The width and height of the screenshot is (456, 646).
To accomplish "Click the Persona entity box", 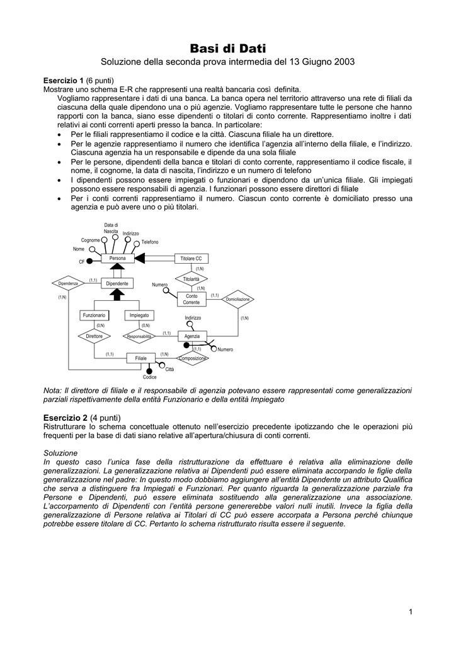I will (x=118, y=259).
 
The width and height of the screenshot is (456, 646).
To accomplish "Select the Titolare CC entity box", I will (x=191, y=259).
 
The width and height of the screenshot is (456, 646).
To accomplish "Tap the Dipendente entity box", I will (x=117, y=284).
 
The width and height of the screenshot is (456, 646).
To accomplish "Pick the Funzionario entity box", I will (x=94, y=315).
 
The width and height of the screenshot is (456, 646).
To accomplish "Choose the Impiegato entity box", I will (x=139, y=315).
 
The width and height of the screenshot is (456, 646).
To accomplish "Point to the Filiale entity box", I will (x=141, y=358).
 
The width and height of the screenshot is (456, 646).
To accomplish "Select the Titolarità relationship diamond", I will (x=191, y=279).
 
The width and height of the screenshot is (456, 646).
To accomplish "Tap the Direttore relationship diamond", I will (x=94, y=336).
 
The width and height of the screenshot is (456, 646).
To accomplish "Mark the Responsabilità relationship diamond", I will (x=139, y=336).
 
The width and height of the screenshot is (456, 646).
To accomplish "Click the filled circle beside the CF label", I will (x=90, y=261).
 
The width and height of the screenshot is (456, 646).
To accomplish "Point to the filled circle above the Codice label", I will (x=149, y=370).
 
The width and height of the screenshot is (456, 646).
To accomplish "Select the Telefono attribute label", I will (x=150, y=242).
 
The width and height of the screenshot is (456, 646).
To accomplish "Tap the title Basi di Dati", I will (x=228, y=48).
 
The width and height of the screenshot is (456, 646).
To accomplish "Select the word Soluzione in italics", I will (x=60, y=453).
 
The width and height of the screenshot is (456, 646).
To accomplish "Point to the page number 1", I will (x=409, y=611).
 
